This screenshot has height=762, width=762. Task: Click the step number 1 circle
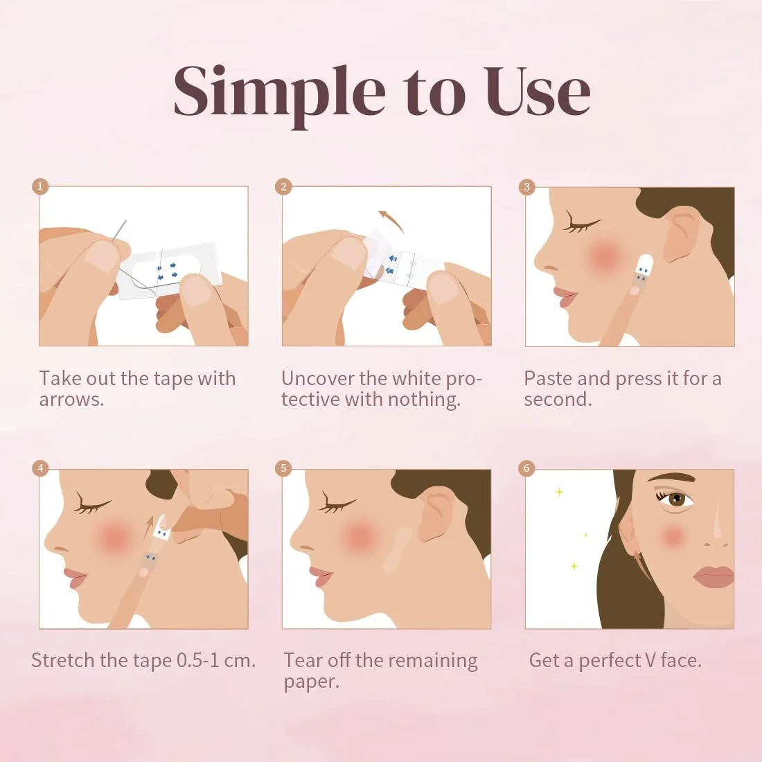pyautogui.click(x=40, y=186)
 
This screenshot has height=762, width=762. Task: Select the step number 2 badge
pyautogui.click(x=283, y=186)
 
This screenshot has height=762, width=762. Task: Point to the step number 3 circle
pyautogui.click(x=526, y=186)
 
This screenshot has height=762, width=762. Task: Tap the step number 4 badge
pyautogui.click(x=40, y=468)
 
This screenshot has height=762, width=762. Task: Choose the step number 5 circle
pyautogui.click(x=283, y=468)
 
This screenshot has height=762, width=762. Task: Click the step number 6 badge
pyautogui.click(x=526, y=468)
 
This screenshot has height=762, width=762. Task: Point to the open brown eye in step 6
pyautogui.click(x=676, y=498)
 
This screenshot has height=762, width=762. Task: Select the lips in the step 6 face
pyautogui.click(x=714, y=576)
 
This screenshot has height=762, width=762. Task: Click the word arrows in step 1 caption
pyautogui.click(x=71, y=400)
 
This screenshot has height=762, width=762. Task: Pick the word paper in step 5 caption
pyautogui.click(x=312, y=682)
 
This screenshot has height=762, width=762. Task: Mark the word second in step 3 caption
pyautogui.click(x=558, y=400)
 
